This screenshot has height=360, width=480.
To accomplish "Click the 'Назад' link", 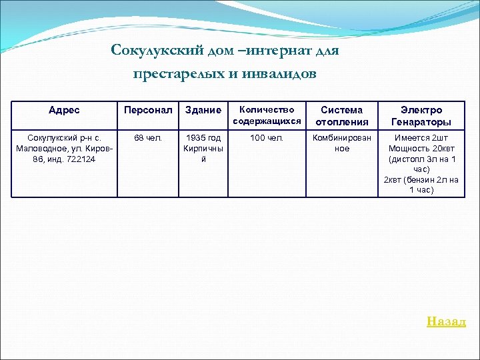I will (446, 321).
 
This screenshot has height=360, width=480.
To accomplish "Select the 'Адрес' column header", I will (64, 110).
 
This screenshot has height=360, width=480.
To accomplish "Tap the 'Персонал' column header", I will (148, 110).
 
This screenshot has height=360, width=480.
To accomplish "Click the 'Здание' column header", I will (203, 110).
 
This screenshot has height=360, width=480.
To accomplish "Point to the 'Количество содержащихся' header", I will (267, 115).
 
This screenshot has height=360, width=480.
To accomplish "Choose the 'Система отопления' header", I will (341, 115).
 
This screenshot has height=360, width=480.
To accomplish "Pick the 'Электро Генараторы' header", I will (421, 115).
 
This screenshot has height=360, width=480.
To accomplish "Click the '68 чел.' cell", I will (148, 138).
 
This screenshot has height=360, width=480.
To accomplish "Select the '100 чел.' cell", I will (267, 138).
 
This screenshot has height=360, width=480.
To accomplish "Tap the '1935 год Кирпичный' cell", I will (203, 149).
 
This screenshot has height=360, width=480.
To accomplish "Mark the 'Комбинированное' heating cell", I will (341, 143).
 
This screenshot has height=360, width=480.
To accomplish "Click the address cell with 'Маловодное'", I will (64, 149).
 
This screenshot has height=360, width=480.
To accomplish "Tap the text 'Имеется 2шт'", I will (421, 138).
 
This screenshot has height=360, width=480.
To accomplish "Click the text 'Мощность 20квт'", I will (421, 149).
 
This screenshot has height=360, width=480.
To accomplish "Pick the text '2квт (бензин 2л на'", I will (421, 179).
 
